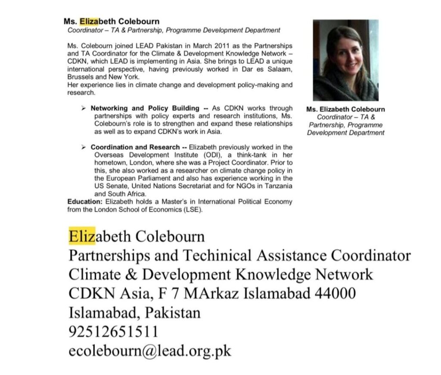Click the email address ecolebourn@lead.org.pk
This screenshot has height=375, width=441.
tap(150, 350)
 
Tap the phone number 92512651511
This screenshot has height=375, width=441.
tap(113, 331)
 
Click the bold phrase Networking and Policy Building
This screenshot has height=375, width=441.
tap(145, 108)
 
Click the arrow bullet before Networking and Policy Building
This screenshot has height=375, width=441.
tap(83, 108)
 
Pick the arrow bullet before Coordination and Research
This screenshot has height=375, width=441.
tap(83, 147)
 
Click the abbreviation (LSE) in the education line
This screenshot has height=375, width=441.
tap(193, 209)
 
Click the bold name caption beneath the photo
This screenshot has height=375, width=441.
tap(345, 109)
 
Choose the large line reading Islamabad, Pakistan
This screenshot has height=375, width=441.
tap(134, 312)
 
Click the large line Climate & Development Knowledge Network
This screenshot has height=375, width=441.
tap(220, 275)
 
